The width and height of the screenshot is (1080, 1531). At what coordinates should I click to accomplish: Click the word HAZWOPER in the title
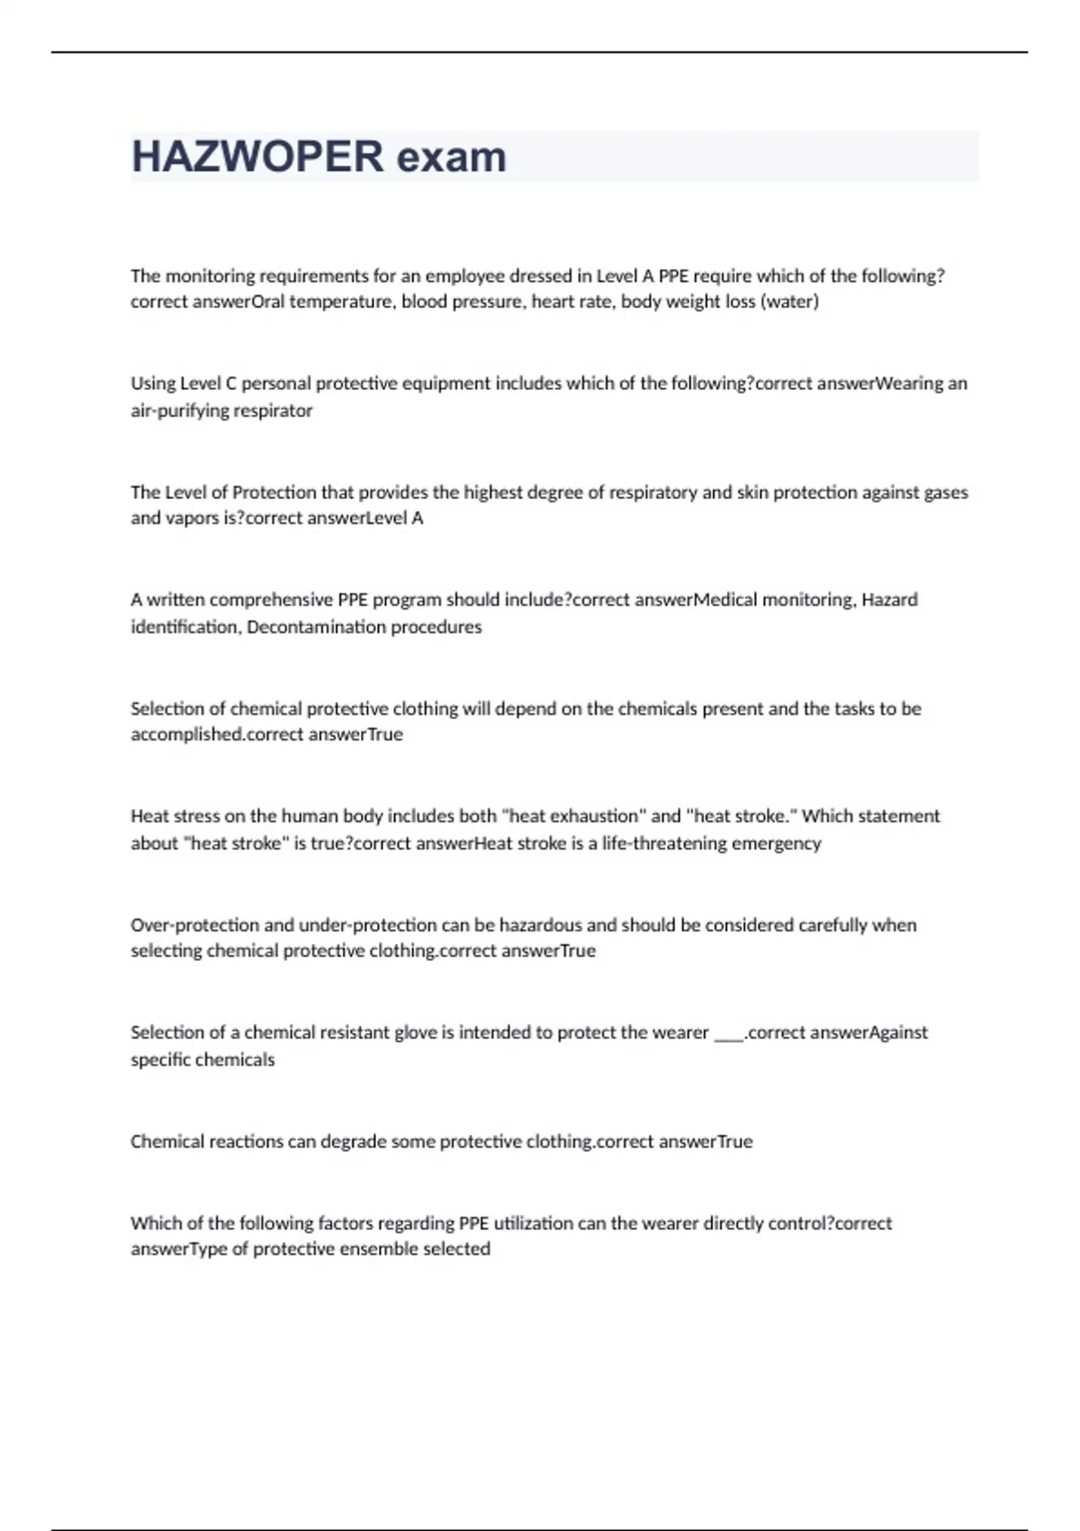(x=257, y=157)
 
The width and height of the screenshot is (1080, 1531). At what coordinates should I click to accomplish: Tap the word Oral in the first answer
(x=267, y=302)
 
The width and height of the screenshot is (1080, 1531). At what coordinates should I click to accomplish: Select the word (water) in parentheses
(x=790, y=302)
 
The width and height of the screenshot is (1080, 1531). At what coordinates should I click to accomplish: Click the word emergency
(x=777, y=843)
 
